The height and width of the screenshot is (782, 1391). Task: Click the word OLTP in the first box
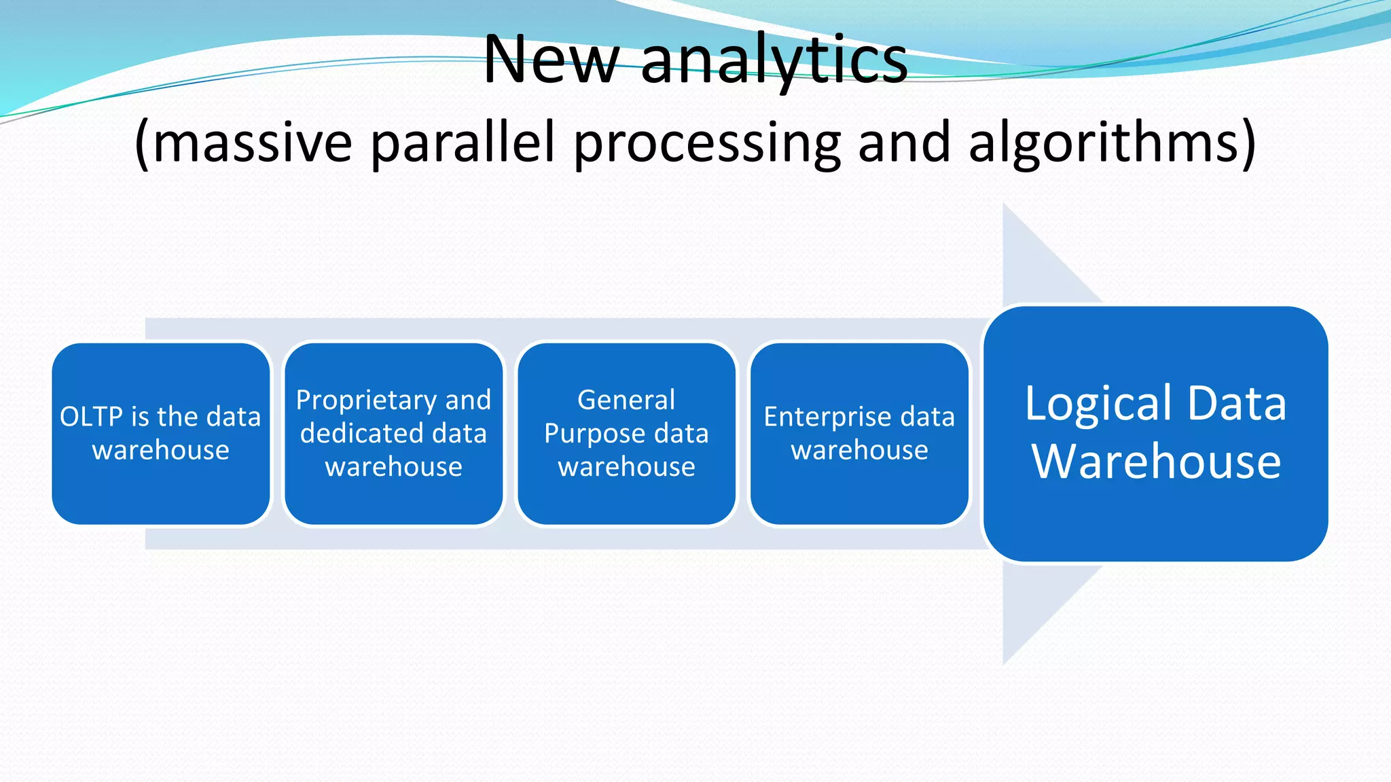click(x=91, y=417)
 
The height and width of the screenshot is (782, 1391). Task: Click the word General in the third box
click(x=626, y=400)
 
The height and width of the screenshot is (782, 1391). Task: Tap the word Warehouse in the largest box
click(x=1156, y=462)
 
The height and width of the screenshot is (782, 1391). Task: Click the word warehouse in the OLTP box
click(x=161, y=450)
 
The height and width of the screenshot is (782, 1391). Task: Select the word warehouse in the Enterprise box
click(x=859, y=450)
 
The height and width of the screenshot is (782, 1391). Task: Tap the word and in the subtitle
click(x=904, y=144)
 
